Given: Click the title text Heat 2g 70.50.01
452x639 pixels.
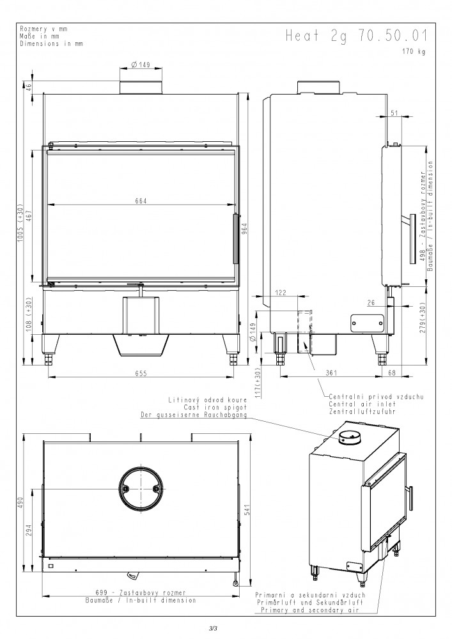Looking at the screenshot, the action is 357,35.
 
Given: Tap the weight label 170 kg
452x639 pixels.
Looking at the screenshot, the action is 413,52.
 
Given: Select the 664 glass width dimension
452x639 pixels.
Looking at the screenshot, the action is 141,201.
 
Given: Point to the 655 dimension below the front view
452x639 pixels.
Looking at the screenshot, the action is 141,373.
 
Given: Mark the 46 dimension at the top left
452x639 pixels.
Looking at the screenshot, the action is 28,87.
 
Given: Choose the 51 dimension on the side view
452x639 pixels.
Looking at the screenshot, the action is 394,113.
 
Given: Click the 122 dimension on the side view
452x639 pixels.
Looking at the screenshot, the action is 281,292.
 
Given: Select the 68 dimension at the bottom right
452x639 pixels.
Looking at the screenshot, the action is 392,373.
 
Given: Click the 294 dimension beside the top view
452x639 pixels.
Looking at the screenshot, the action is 28,529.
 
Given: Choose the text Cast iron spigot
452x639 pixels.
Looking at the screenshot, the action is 215,407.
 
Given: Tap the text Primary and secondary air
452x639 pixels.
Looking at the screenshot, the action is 310,610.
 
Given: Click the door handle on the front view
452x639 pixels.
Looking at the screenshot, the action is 235,239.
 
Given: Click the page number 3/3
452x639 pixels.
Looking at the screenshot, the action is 213,628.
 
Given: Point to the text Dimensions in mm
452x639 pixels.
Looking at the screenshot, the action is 51,43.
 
